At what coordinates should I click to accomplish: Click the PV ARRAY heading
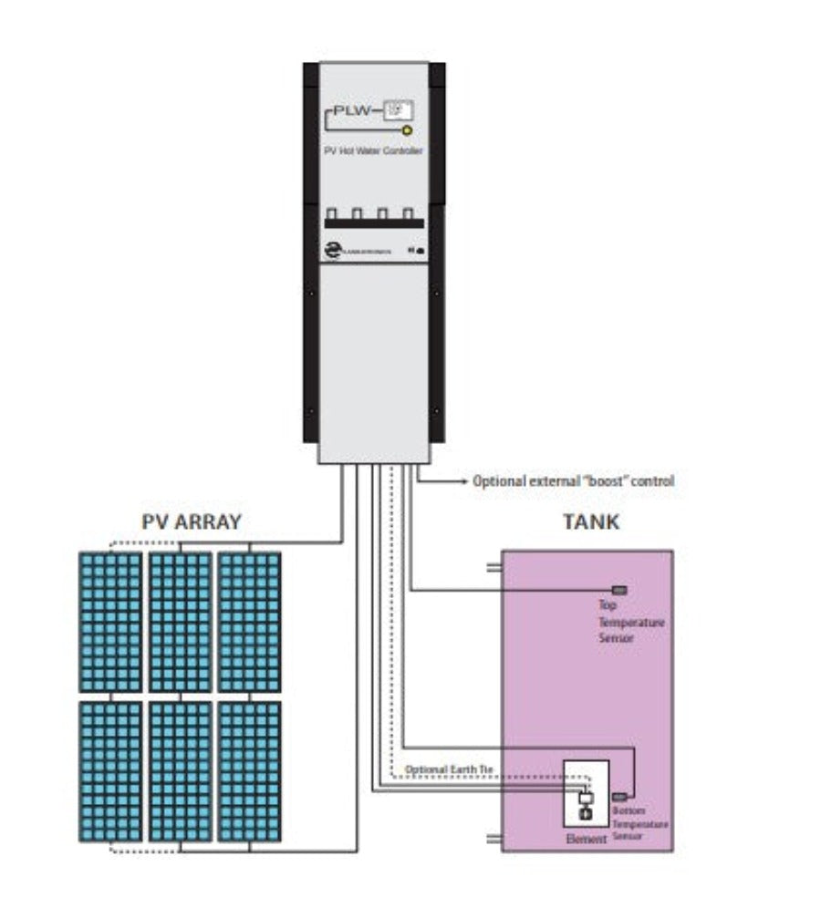pos(192,522)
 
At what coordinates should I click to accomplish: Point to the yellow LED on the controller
pos(407,131)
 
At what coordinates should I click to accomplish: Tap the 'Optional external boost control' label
pos(573,480)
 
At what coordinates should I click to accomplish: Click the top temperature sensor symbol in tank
pos(619,591)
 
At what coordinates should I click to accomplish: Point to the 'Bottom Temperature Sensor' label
pos(639,822)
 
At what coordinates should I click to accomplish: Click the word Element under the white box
pos(586,839)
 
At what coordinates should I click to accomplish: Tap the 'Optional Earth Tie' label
pos(448,770)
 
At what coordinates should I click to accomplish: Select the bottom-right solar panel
pos(249,770)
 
